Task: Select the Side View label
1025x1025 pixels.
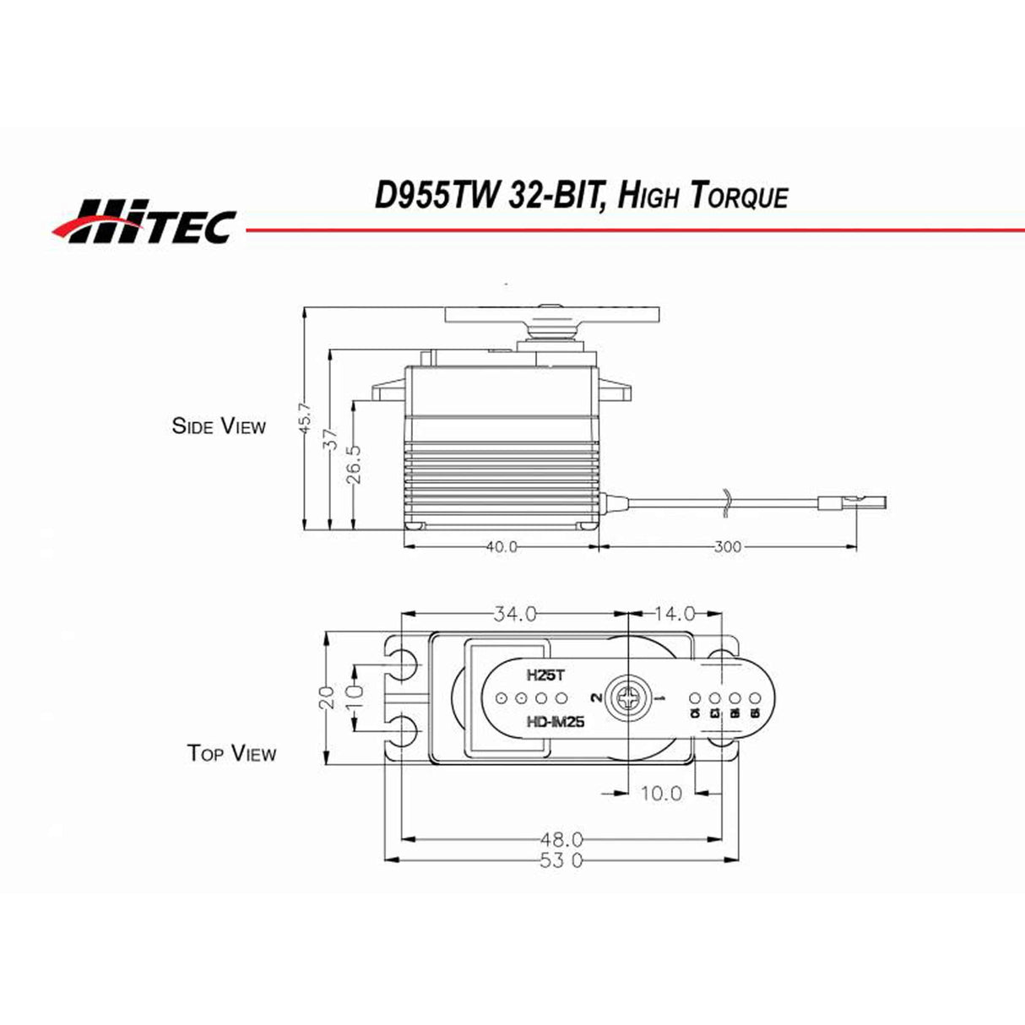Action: click(219, 426)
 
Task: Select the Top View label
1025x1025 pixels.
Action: click(231, 752)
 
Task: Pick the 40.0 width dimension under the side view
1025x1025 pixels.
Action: click(502, 547)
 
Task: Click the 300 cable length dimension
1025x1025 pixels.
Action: click(727, 547)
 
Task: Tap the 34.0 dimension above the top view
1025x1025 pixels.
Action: click(515, 614)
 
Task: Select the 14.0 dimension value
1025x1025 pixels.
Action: click(675, 614)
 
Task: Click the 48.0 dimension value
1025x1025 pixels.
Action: click(561, 839)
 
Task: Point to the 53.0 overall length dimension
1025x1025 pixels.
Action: click(561, 860)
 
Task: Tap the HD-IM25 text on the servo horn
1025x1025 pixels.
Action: click(555, 722)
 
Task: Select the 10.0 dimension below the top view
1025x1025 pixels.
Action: click(660, 793)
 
